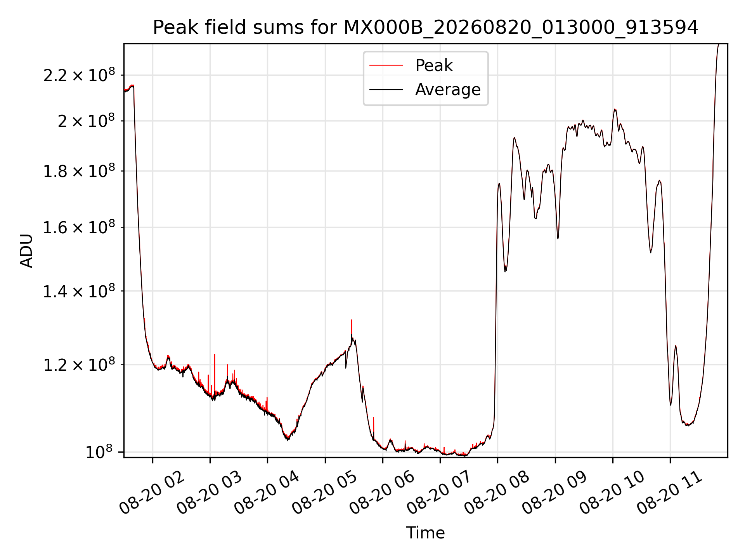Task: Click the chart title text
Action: coord(426,28)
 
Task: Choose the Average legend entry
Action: coord(425,90)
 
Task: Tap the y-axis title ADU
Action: coord(26,250)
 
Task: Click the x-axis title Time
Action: coord(425,533)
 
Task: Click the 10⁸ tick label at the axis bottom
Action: coord(99,451)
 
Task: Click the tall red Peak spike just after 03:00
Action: coord(215,354)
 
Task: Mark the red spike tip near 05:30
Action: coord(352,320)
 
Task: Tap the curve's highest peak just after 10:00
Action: coord(615,110)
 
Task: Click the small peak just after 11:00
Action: coord(676,346)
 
